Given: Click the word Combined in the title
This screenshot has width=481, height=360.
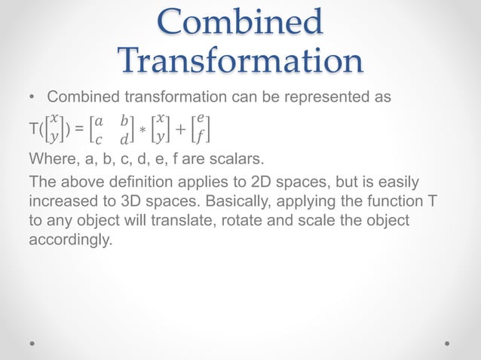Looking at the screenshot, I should (x=240, y=23).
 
